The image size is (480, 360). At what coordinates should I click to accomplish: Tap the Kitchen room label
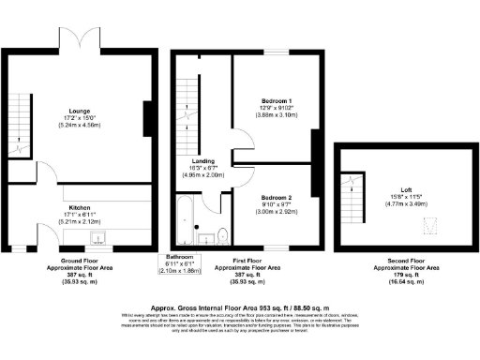[79, 209]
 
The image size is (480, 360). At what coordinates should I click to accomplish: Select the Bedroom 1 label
[277, 100]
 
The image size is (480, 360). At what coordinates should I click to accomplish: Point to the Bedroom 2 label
[277, 198]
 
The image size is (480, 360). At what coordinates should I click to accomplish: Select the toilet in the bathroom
[223, 232]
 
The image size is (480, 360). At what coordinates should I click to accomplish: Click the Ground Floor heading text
[79, 260]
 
